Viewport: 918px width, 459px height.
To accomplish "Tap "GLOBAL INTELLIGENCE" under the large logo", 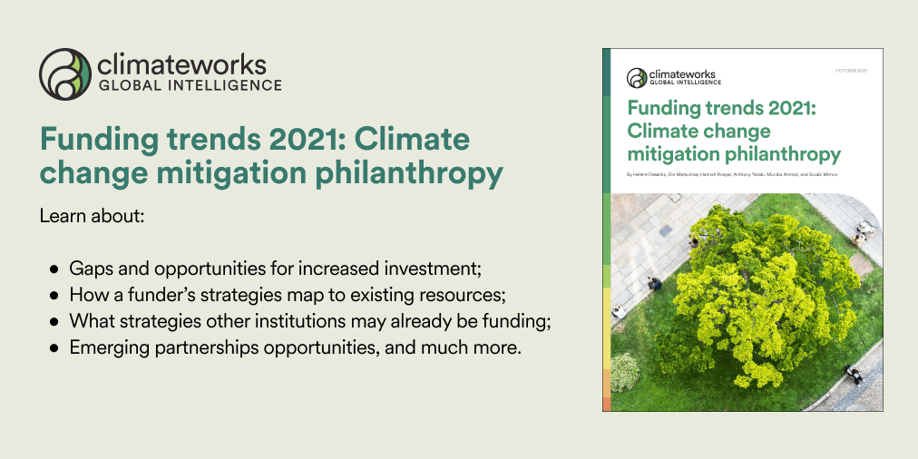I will pyautogui.click(x=189, y=87).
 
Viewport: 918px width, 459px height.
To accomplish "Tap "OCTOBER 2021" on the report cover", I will pyautogui.click(x=851, y=71).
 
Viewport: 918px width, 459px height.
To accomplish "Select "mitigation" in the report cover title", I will pyautogui.click(x=667, y=153).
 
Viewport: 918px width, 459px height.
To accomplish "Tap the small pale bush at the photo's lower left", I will pyautogui.click(x=625, y=371).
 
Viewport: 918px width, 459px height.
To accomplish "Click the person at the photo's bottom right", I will pyautogui.click(x=855, y=374).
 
